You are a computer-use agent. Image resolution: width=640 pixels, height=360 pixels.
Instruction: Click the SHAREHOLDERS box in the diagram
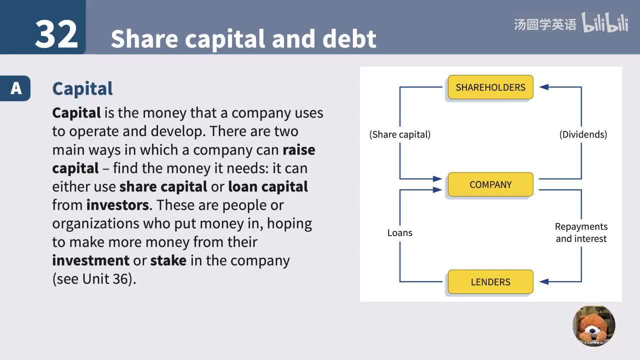490,87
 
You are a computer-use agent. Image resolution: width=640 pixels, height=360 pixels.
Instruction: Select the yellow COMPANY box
490,184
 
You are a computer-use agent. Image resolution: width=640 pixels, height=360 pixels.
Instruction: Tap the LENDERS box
490,282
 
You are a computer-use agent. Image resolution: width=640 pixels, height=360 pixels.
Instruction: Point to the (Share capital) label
399,134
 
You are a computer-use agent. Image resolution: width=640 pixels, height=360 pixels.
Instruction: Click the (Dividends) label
583,134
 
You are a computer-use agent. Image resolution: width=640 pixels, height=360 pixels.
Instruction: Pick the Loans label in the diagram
399,232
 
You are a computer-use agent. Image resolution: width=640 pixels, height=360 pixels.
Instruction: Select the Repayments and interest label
581,232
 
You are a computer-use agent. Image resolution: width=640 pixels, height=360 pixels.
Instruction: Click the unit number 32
56,34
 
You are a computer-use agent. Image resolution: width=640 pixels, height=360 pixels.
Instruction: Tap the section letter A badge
16,88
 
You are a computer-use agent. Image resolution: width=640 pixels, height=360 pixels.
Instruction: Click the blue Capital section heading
82,88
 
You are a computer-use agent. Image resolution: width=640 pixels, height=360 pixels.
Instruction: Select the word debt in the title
349,39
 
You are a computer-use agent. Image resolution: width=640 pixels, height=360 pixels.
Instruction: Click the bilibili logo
604,23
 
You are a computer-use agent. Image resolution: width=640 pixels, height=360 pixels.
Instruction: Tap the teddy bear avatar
594,326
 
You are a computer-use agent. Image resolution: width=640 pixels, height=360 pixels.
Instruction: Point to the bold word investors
117,205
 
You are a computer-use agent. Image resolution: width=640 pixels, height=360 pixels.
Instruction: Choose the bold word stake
168,260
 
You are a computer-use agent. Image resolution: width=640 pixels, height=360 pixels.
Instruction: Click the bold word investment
90,260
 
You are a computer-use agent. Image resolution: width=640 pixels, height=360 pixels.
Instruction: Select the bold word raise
298,150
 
